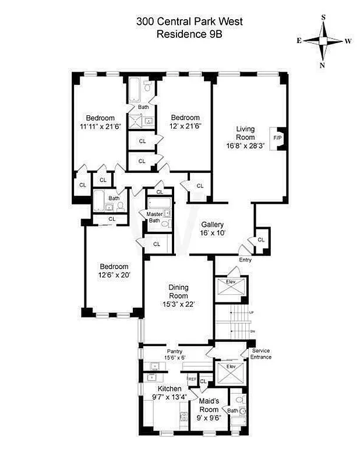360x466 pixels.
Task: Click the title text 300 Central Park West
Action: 189,22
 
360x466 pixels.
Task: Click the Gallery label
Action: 213,225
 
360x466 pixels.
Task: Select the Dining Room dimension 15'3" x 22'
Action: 179,303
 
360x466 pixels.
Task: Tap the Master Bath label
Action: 154,217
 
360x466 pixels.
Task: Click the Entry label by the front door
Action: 245,260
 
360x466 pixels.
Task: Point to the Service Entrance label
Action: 260,354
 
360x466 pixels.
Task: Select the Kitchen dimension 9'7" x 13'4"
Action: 168,397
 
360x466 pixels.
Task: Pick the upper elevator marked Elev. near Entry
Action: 231,287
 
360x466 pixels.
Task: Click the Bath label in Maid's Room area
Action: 232,411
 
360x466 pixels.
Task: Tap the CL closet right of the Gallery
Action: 260,239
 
